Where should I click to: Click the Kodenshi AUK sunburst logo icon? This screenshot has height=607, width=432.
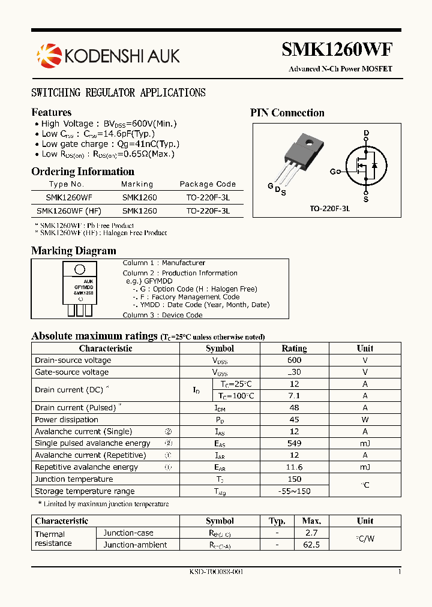[x=49, y=56]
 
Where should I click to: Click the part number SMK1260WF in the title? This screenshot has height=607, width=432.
[x=337, y=50]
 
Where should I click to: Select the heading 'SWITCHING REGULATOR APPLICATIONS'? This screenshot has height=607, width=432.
[x=118, y=92]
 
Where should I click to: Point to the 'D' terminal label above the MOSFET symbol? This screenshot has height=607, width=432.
[x=366, y=133]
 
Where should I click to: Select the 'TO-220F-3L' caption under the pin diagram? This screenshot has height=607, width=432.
[x=329, y=208]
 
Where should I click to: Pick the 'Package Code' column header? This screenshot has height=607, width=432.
[x=208, y=184]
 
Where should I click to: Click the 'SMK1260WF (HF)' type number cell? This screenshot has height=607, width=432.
[x=69, y=211]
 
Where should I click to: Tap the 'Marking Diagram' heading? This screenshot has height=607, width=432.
[x=73, y=251]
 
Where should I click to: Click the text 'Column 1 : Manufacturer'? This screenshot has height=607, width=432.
[x=164, y=263]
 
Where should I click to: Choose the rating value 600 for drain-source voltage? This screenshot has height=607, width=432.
[x=294, y=360]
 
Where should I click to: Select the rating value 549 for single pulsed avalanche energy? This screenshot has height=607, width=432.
[x=294, y=443]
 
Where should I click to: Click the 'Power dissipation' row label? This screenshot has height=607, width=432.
[x=67, y=420]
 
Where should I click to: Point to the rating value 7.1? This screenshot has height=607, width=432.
[x=294, y=396]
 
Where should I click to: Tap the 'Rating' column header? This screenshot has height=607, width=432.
[x=294, y=348]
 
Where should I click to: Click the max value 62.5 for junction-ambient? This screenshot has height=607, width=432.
[x=312, y=545]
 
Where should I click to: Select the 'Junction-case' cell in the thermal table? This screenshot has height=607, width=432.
[x=128, y=533]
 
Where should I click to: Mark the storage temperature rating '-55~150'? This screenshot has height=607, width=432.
[x=294, y=491]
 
